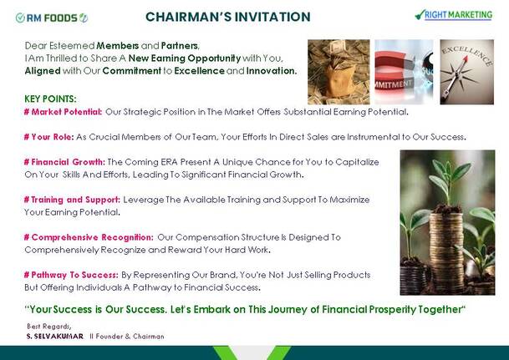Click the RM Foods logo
pyautogui.click(x=52, y=18)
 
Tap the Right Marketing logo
pyautogui.click(x=454, y=15)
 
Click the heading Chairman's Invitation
pyautogui.click(x=228, y=17)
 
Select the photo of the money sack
pyautogui.click(x=338, y=72)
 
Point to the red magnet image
pyautogui.click(x=404, y=72)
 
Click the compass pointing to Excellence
pyautogui.click(x=467, y=72)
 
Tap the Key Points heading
pyautogui.click(x=50, y=99)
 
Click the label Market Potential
pyautogui.click(x=64, y=112)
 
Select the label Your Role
pyautogui.click(x=49, y=137)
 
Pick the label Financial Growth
pyautogui.click(x=64, y=162)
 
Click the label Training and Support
pyautogui.click(x=72, y=200)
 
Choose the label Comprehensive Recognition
pyautogui.click(x=89, y=237)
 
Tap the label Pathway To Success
pyautogui.click(x=71, y=275)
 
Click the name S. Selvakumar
pyautogui.click(x=55, y=337)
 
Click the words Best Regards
pyautogui.click(x=49, y=327)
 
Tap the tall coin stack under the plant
pyautogui.click(x=446, y=250)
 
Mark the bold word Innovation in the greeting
pyautogui.click(x=272, y=71)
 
